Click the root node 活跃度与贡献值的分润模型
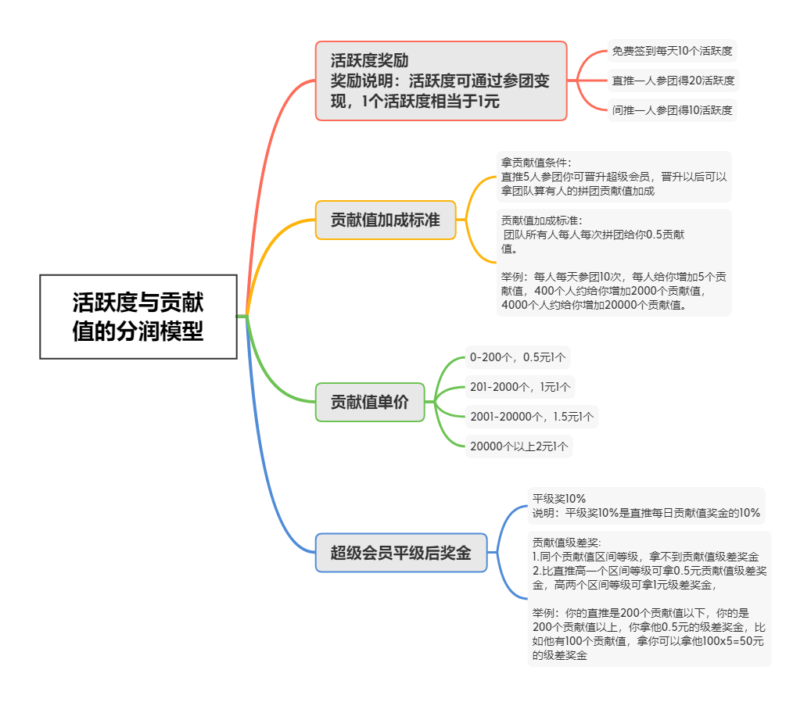138,317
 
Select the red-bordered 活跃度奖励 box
441,81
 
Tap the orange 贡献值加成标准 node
386,220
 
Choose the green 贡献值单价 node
370,402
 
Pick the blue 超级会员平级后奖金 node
401,553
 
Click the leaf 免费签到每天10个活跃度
672,51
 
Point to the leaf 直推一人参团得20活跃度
673,81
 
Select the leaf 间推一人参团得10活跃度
672,110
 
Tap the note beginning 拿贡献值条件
614,177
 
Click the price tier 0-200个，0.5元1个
518,357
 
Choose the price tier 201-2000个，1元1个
520,387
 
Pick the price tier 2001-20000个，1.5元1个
532,417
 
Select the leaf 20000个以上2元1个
519,446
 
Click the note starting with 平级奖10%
646,506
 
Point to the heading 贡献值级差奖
567,543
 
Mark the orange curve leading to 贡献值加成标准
269,249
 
